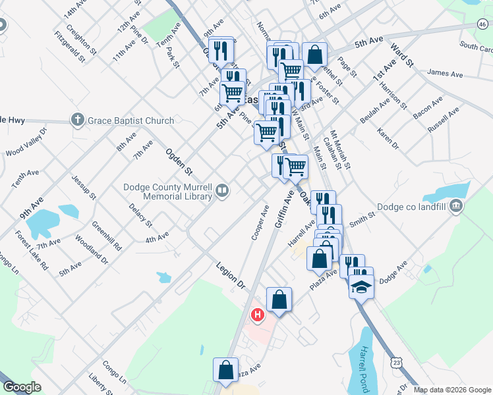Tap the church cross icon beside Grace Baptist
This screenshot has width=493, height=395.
click(x=77, y=120)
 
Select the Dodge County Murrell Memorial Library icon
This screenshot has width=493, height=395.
click(x=223, y=192)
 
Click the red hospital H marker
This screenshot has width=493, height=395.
click(x=258, y=315)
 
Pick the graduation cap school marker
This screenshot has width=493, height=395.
click(x=361, y=286)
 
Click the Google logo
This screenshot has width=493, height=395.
click(x=22, y=387)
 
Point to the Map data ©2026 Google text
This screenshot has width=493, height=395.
click(x=451, y=390)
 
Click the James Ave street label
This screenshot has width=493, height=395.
click(x=442, y=72)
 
